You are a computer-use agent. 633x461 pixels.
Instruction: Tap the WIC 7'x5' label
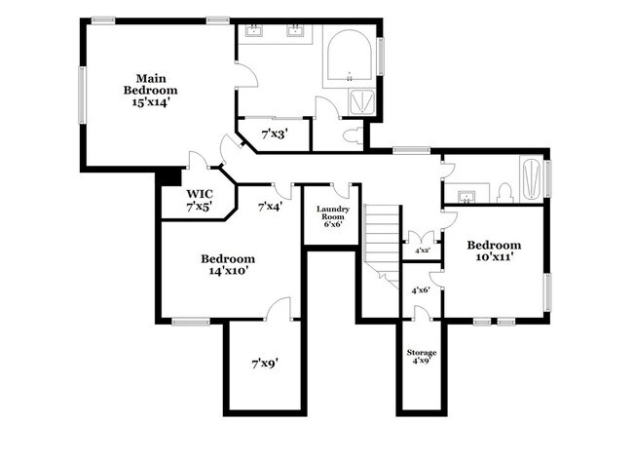point(201,200)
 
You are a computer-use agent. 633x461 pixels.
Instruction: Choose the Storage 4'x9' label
point(421,356)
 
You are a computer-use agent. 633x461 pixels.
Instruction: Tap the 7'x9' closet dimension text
point(265,364)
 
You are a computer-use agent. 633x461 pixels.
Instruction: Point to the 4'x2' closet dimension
point(423,251)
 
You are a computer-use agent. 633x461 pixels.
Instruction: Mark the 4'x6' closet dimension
point(421,289)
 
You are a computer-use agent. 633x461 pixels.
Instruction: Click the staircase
point(383,239)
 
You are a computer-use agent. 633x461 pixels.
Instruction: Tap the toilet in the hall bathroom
point(504,191)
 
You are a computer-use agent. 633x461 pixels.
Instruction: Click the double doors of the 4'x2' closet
point(421,238)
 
